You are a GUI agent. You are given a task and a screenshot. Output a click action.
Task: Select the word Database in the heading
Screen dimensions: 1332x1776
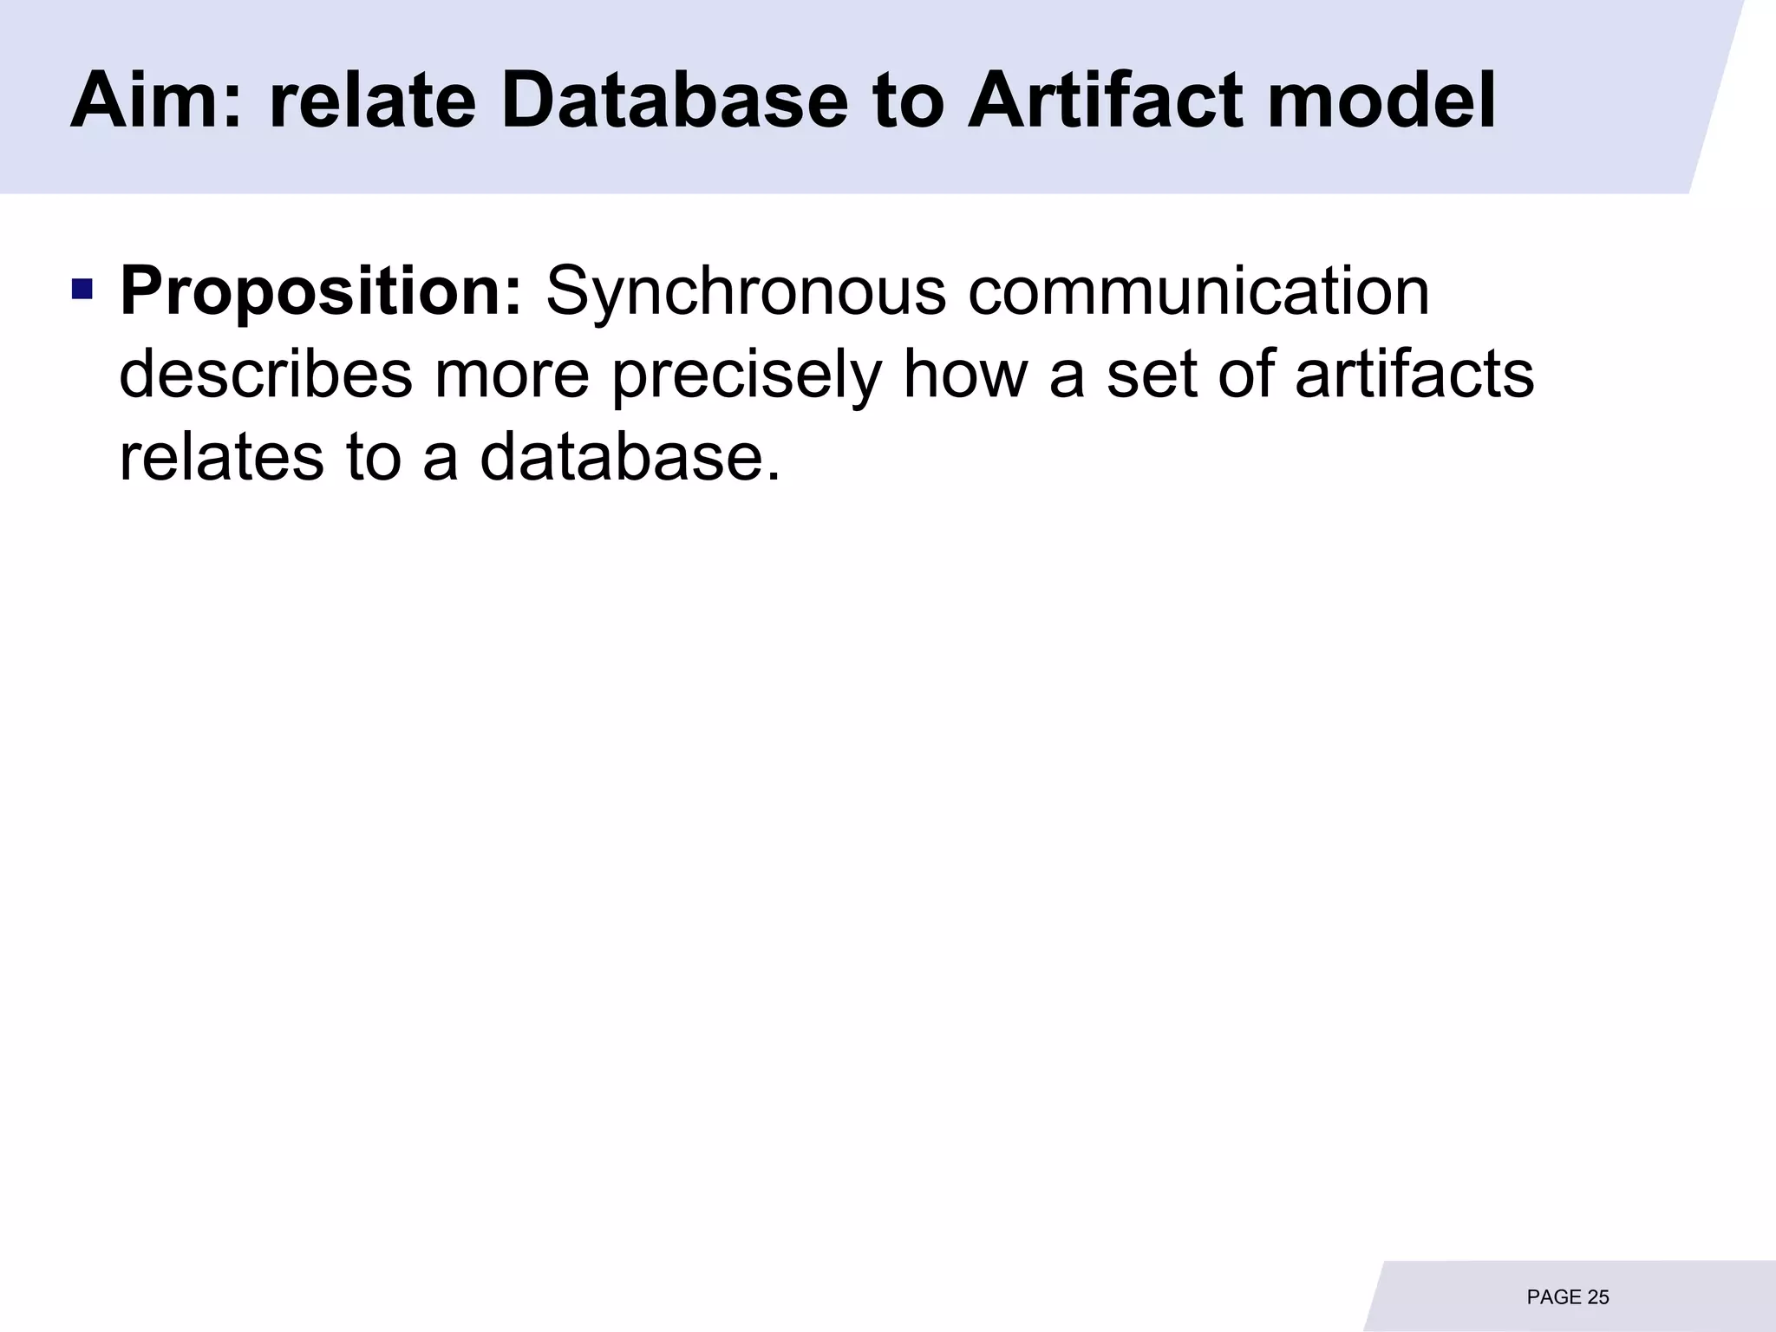(x=674, y=101)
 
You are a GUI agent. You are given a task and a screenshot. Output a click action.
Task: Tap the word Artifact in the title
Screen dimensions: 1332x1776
(x=1105, y=101)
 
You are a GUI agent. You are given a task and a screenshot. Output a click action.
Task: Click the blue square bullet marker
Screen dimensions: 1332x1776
(x=82, y=288)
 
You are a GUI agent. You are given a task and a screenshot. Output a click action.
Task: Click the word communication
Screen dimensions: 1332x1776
(x=1198, y=291)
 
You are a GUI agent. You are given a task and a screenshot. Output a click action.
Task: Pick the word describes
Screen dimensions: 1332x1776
(x=265, y=375)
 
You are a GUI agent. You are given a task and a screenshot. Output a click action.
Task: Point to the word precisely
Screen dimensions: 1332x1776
(x=747, y=375)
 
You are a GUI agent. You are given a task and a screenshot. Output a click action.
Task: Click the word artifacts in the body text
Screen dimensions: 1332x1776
(x=1414, y=375)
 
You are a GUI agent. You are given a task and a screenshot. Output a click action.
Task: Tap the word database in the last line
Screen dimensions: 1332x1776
(x=630, y=457)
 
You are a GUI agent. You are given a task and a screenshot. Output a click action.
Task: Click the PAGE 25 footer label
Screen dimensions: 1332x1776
(x=1567, y=1297)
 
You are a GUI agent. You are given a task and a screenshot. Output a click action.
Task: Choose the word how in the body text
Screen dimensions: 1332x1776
(x=965, y=375)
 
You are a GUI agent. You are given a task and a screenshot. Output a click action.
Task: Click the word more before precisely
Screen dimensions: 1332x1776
(x=512, y=375)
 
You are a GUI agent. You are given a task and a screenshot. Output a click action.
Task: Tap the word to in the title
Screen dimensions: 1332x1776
(x=908, y=101)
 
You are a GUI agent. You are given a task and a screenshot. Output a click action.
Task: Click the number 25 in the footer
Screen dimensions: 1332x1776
(x=1597, y=1297)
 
